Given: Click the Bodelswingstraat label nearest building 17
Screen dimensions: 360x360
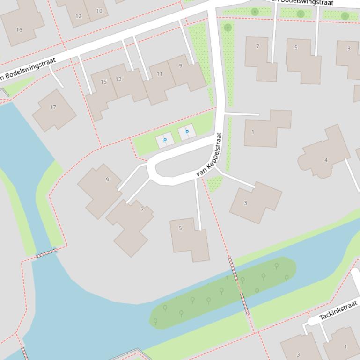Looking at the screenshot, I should pos(28,69).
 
